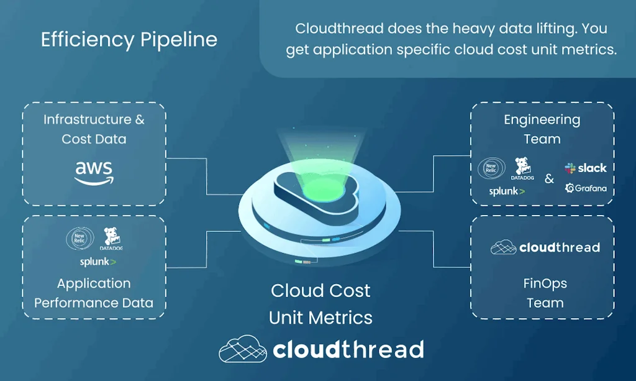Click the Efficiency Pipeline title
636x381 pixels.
pyautogui.click(x=129, y=40)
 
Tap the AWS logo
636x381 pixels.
pyautogui.click(x=94, y=172)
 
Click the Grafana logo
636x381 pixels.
pyautogui.click(x=586, y=188)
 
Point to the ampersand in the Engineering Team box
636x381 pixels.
pyautogui.click(x=549, y=179)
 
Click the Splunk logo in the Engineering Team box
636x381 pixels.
pyautogui.click(x=507, y=191)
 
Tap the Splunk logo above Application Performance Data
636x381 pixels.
pyautogui.click(x=98, y=262)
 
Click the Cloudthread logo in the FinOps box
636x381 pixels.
pyautogui.click(x=545, y=247)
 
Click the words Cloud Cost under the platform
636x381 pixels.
pyautogui.click(x=320, y=291)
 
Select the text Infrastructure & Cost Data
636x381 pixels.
pyautogui.click(x=94, y=129)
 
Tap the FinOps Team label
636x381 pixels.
pyautogui.click(x=545, y=293)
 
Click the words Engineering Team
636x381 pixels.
pyautogui.click(x=542, y=129)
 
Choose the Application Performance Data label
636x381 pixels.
pyautogui.click(x=94, y=293)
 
